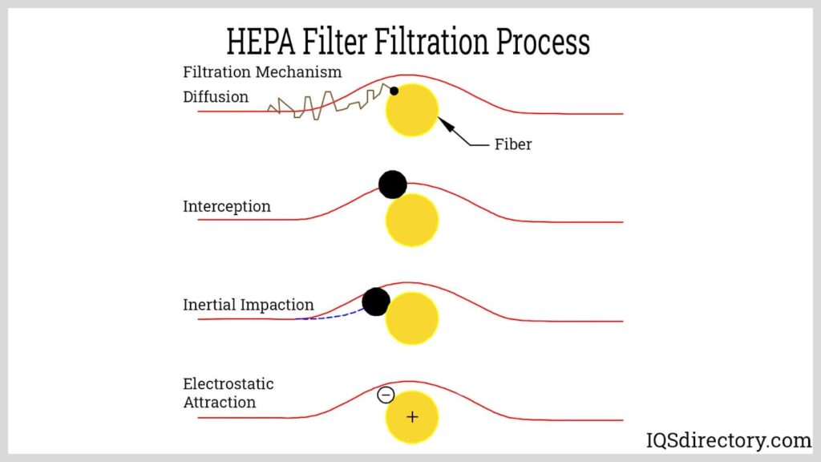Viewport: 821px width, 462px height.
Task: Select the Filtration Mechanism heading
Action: [x=262, y=72]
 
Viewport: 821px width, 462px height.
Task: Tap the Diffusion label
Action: [x=216, y=97]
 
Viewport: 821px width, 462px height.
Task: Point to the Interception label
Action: [x=227, y=206]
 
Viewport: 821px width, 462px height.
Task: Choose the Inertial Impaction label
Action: [x=249, y=305]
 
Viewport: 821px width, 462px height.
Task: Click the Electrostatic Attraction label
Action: [x=229, y=393]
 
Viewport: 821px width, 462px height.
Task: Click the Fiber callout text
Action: [x=513, y=145]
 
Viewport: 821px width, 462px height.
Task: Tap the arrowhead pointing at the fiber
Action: [x=443, y=124]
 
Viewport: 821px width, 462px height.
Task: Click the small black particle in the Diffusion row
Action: [x=394, y=91]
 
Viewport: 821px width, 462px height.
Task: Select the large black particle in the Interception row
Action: [x=393, y=184]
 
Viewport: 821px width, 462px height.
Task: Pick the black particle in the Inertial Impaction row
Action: [x=376, y=302]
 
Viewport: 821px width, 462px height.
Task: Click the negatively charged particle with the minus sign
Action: [x=386, y=395]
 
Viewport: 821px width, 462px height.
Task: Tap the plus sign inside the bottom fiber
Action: [x=412, y=417]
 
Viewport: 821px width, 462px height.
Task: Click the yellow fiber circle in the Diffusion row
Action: [x=412, y=111]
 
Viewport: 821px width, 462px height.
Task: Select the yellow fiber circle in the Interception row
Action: [x=412, y=220]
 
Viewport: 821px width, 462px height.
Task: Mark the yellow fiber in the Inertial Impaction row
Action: [x=412, y=319]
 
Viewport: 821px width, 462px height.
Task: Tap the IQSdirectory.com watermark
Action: [x=729, y=440]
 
